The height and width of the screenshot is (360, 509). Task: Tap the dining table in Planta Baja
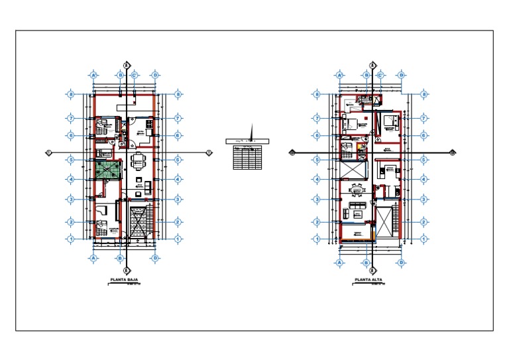(x=138, y=160)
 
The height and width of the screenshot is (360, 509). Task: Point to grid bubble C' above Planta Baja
(x=134, y=75)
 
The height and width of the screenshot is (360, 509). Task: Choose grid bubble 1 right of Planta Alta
(x=424, y=239)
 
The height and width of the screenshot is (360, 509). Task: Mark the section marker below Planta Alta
(x=373, y=270)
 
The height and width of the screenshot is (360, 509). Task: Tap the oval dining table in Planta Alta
(x=358, y=191)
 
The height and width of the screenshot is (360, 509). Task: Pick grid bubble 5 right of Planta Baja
(x=178, y=159)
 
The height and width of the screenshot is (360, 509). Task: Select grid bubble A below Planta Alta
(x=340, y=263)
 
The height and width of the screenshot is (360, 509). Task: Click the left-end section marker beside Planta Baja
(x=48, y=152)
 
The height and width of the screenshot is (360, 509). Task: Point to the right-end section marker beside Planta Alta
(x=453, y=152)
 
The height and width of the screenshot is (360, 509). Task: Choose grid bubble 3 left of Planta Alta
(x=317, y=199)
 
